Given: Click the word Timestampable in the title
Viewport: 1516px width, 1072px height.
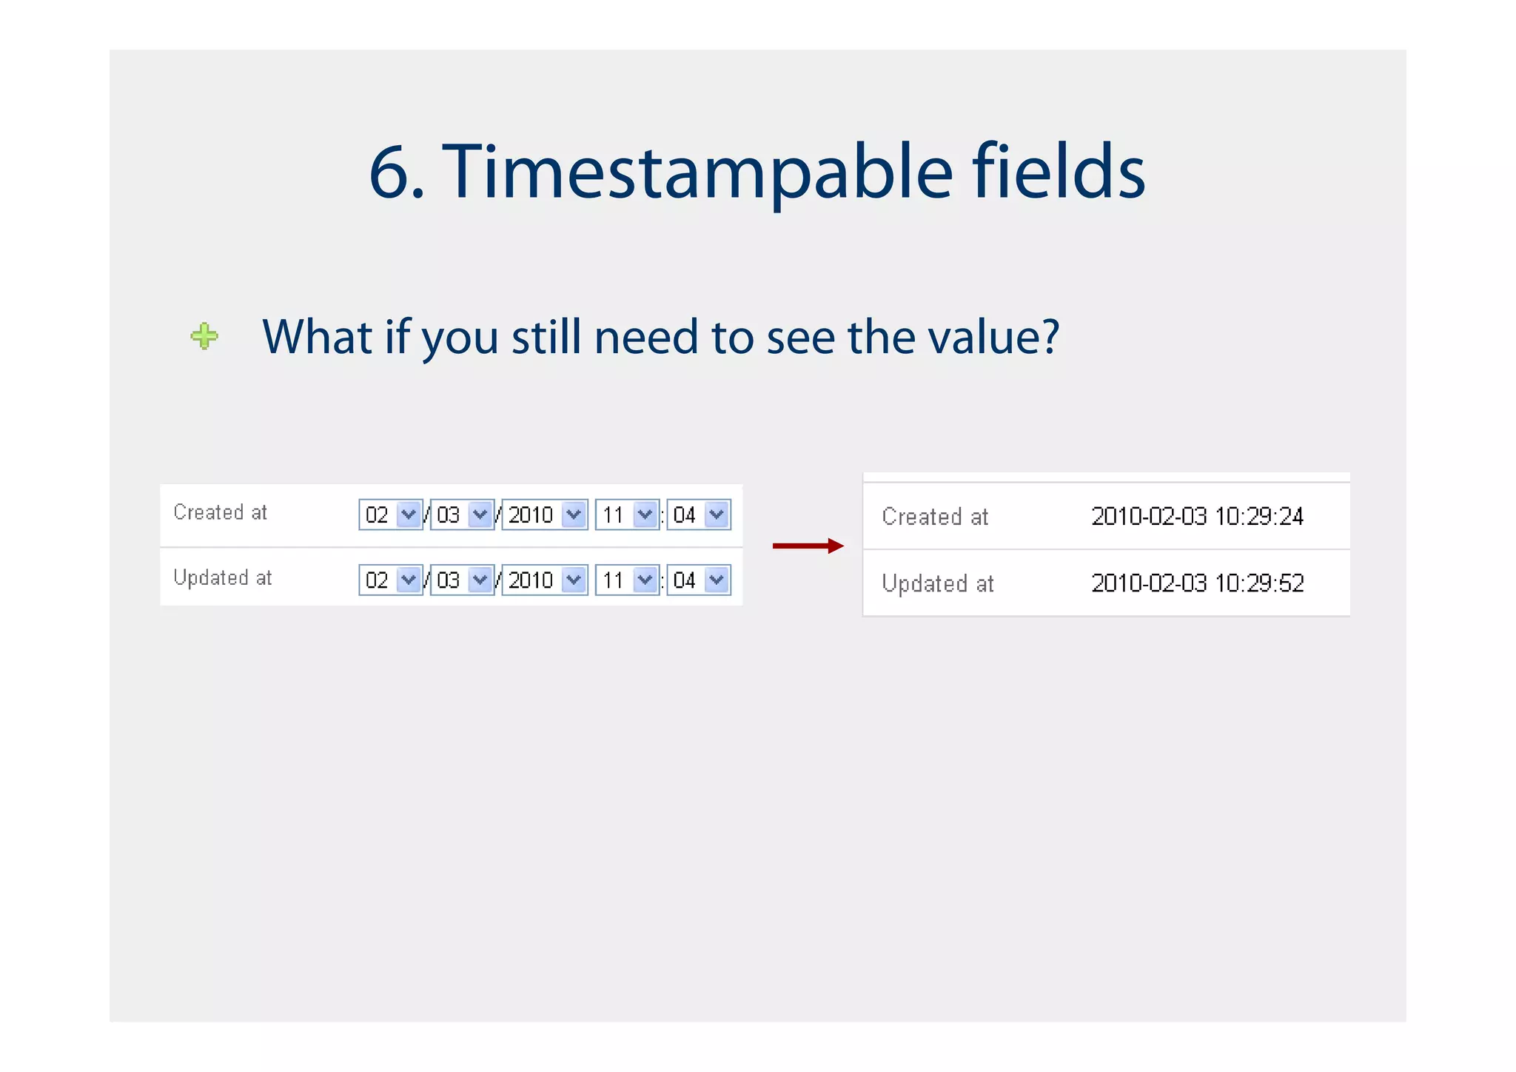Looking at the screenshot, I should [x=697, y=172].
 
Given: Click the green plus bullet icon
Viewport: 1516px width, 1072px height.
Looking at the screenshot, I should [x=204, y=336].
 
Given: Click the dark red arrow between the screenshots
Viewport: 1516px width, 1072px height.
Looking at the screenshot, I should [x=808, y=546].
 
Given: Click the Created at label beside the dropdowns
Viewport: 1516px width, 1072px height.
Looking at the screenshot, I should [x=220, y=512].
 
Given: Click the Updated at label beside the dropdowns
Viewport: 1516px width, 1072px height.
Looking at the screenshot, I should [x=222, y=577].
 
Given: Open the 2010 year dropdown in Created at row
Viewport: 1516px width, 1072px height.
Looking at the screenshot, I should [x=545, y=515].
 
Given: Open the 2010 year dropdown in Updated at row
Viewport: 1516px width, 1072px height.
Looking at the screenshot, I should [x=545, y=580].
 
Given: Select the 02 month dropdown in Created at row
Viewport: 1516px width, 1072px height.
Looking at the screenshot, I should [x=390, y=515].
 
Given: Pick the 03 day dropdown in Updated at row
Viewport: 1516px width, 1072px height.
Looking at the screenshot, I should [x=462, y=580].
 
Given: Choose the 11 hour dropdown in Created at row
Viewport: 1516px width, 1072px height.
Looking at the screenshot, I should [x=627, y=515].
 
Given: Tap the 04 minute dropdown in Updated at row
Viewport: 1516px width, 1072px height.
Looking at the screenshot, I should [x=698, y=580].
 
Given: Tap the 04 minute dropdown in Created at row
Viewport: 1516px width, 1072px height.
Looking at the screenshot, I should [x=698, y=515].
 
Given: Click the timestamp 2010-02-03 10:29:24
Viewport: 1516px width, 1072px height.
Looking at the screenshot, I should [x=1197, y=516].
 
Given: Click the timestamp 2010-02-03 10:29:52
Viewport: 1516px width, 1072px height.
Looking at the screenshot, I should [x=1197, y=583].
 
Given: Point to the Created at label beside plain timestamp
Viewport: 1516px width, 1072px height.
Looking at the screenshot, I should [x=935, y=517].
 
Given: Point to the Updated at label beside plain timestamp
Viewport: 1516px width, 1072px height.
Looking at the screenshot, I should [x=937, y=584].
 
